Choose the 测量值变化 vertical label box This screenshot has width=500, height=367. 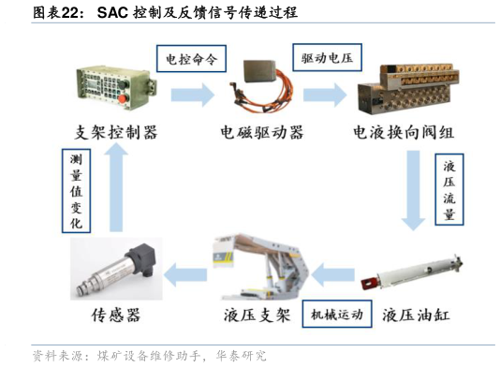[76, 191]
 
